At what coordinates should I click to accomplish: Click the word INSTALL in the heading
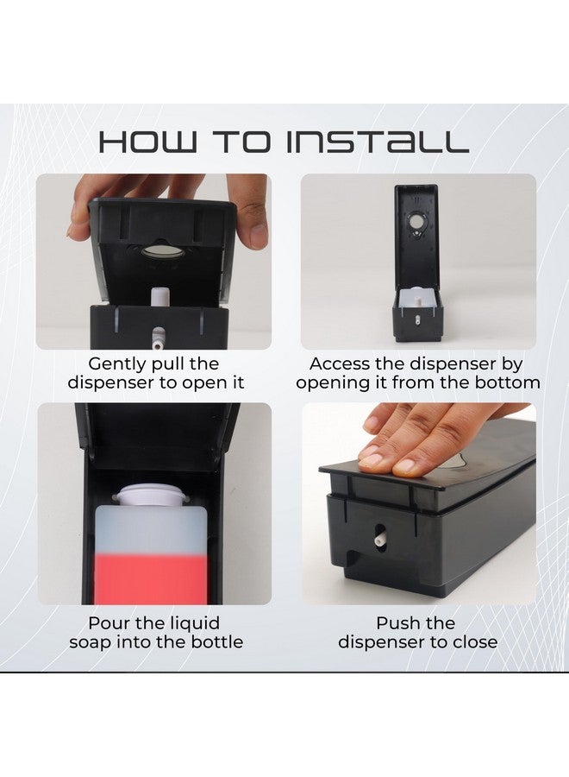378,142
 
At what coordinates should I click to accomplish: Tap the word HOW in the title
148,142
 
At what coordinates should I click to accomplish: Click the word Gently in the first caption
116,364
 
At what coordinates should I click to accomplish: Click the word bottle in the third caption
217,642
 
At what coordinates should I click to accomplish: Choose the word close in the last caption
474,642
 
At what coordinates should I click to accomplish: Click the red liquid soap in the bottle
150,577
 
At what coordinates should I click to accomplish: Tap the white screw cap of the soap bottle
152,494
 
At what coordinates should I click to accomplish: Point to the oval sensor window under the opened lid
162,251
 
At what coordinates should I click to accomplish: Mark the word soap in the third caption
91,642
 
